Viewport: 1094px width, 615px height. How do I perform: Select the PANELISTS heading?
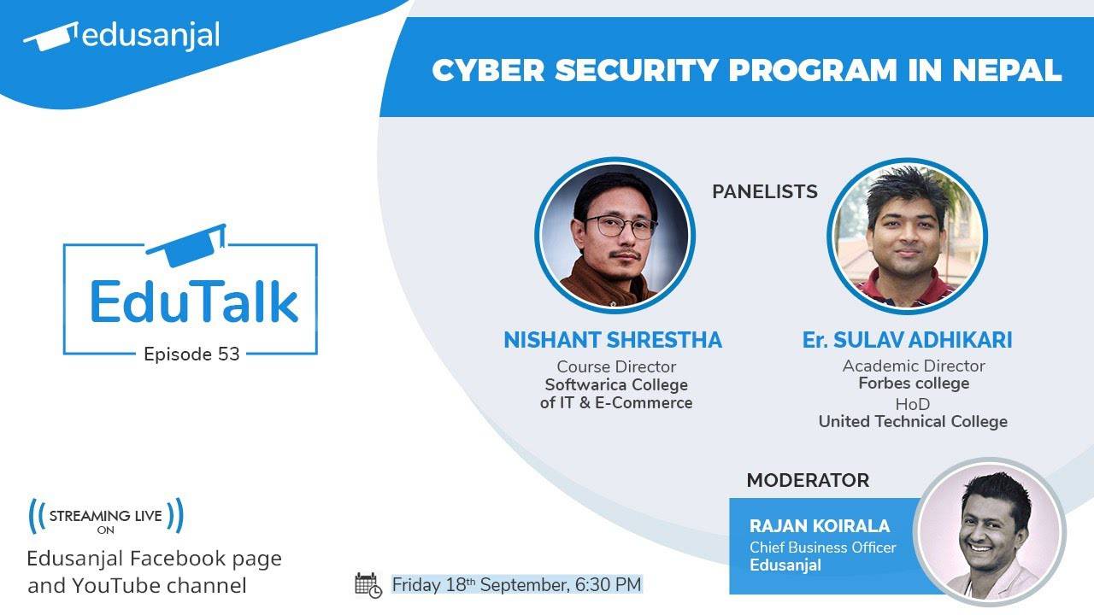765,191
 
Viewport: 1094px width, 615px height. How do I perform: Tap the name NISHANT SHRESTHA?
613,340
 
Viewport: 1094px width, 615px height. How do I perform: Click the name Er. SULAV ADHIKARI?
907,340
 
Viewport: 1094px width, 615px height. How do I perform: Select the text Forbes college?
914,384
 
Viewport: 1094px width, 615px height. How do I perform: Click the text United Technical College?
913,421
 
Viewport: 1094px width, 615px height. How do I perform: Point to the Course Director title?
616,366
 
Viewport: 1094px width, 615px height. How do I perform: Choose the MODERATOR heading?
808,480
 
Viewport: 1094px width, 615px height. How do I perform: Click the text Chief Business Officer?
823,547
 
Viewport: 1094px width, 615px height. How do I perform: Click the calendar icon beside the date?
368,585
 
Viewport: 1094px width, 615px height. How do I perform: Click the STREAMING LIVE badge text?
106,516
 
